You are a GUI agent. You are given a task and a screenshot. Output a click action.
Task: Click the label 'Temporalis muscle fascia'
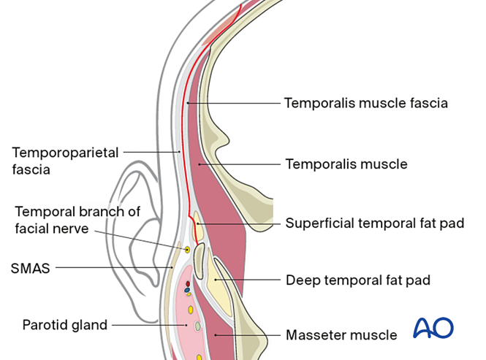click(x=365, y=103)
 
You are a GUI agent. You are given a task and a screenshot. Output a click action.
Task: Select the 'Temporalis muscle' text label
click(x=346, y=164)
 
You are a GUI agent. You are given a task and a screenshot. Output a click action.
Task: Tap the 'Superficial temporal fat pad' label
click(x=375, y=223)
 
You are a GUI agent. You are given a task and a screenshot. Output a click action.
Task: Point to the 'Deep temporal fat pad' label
click(x=357, y=280)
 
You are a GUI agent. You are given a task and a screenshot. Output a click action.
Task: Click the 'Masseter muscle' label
click(x=341, y=335)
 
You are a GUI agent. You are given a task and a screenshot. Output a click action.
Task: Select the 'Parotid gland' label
click(x=64, y=325)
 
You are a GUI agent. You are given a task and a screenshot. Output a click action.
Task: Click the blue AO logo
click(x=433, y=328)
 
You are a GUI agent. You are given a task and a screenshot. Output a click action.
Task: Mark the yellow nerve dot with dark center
click(x=187, y=250)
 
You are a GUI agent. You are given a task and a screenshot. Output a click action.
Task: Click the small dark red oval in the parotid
click(x=188, y=283)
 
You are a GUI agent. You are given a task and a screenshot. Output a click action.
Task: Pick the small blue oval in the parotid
click(x=187, y=289)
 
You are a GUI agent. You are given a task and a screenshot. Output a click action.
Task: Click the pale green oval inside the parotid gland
click(x=197, y=326)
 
